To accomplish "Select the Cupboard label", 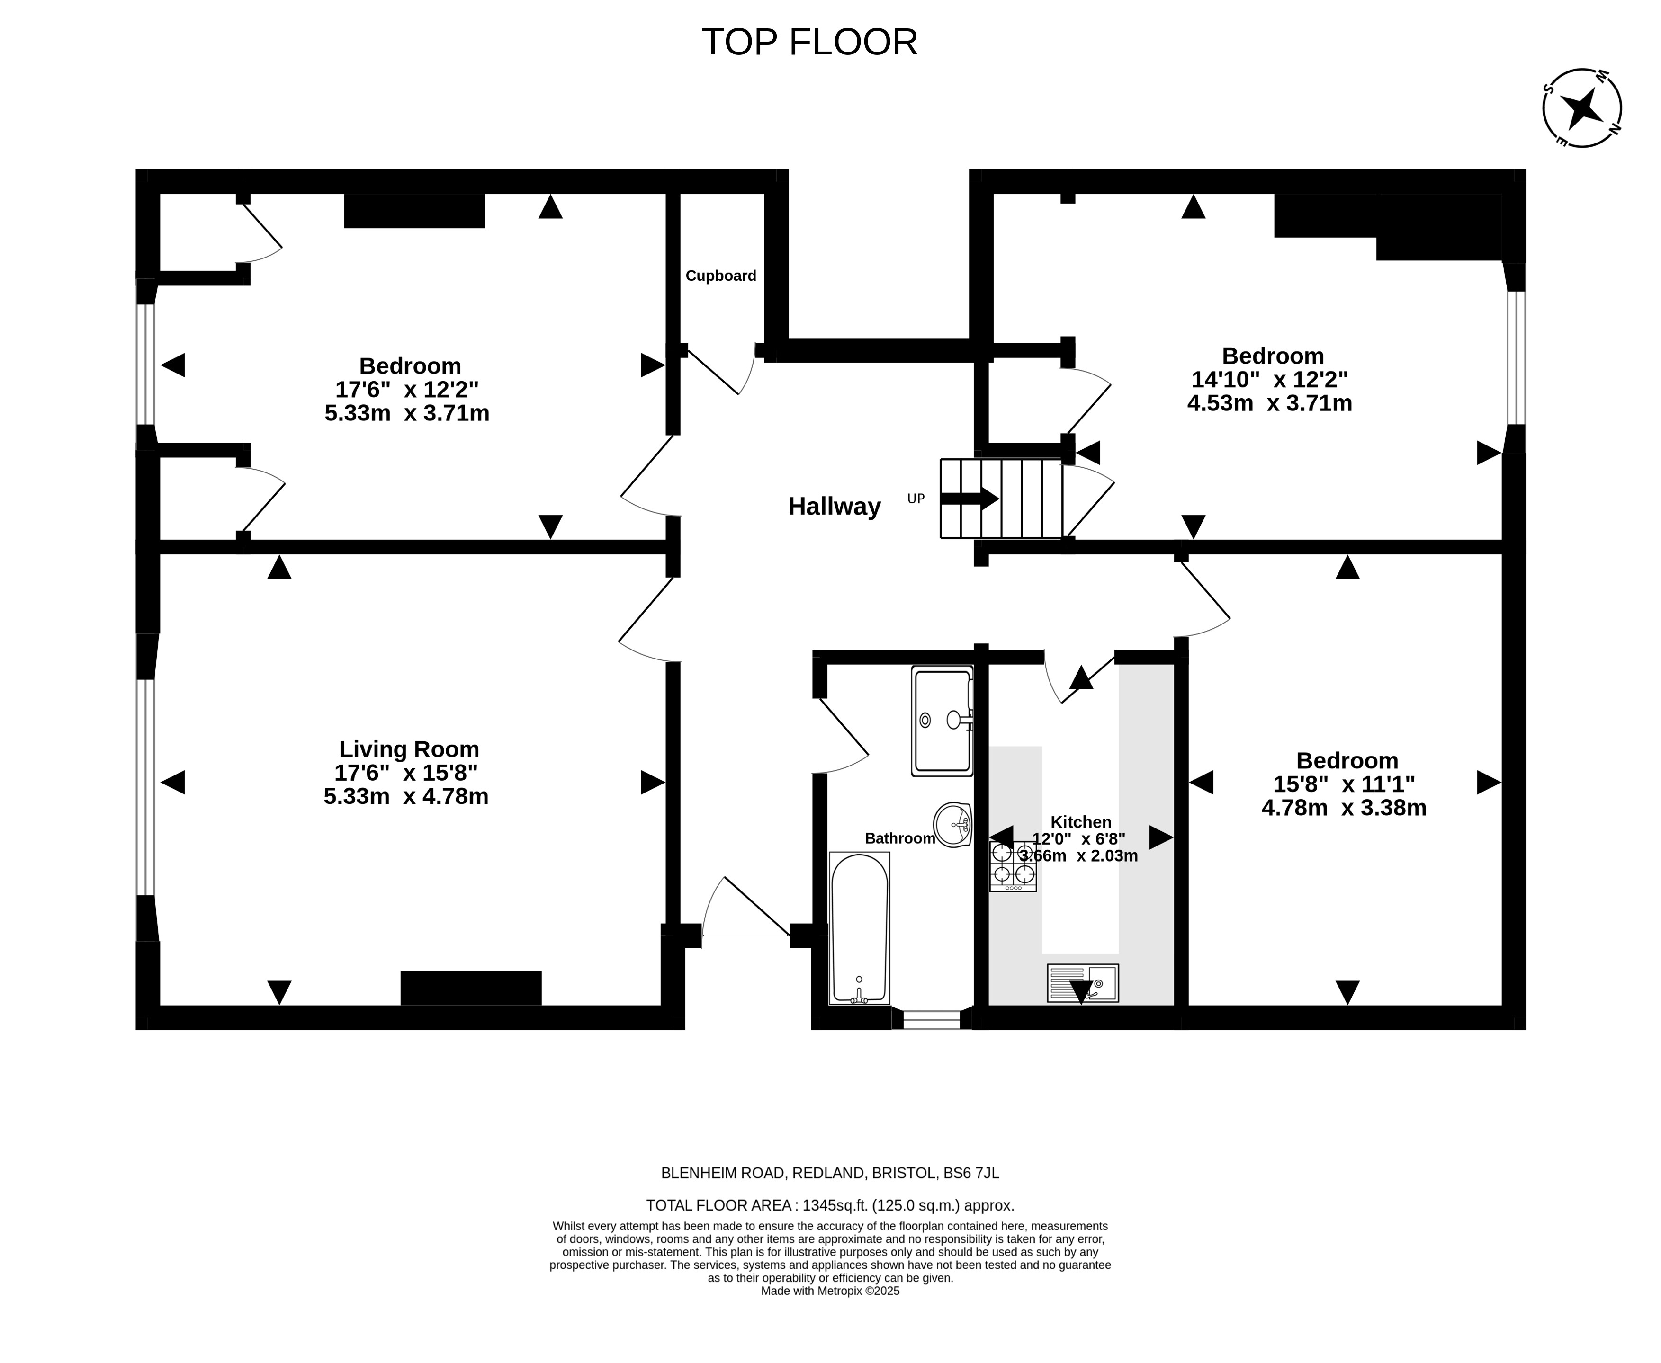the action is [720, 276].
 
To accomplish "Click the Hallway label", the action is [834, 507].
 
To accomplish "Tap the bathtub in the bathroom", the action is [859, 928].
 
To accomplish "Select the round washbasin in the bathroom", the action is [952, 824].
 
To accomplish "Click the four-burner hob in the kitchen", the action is [1012, 866].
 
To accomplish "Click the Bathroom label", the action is [900, 838].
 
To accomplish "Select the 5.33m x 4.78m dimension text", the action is [406, 796].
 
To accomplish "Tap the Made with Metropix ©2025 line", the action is [830, 1290].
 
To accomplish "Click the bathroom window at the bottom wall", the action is [932, 1019].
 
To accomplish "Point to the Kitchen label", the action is [1081, 822].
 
